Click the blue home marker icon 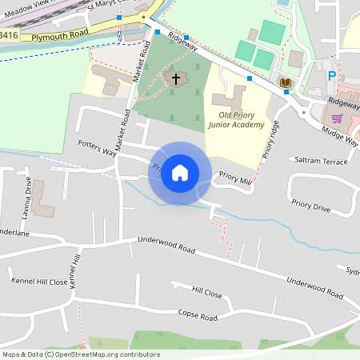pos(180,173)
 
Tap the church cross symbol pos(176,78)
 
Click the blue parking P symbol pos(332,77)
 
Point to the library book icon pos(284,82)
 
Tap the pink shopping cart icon pos(337,118)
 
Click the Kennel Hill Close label pos(39,282)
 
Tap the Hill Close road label pos(206,293)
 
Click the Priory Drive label pos(310,206)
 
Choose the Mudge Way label pos(341,134)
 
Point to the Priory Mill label pos(235,182)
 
